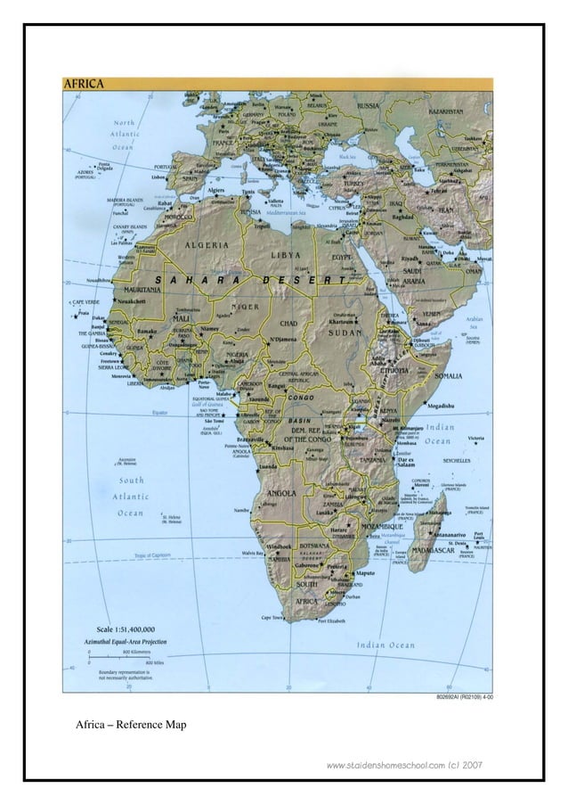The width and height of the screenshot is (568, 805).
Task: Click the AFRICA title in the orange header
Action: (x=84, y=84)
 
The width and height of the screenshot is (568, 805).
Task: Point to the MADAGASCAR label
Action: (x=434, y=550)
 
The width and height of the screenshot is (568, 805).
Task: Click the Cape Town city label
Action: (x=273, y=616)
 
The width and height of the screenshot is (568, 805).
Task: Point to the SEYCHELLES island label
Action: (x=462, y=460)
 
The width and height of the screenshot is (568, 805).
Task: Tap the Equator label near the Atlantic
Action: (x=159, y=413)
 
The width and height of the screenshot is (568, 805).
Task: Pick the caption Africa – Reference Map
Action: (x=131, y=725)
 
